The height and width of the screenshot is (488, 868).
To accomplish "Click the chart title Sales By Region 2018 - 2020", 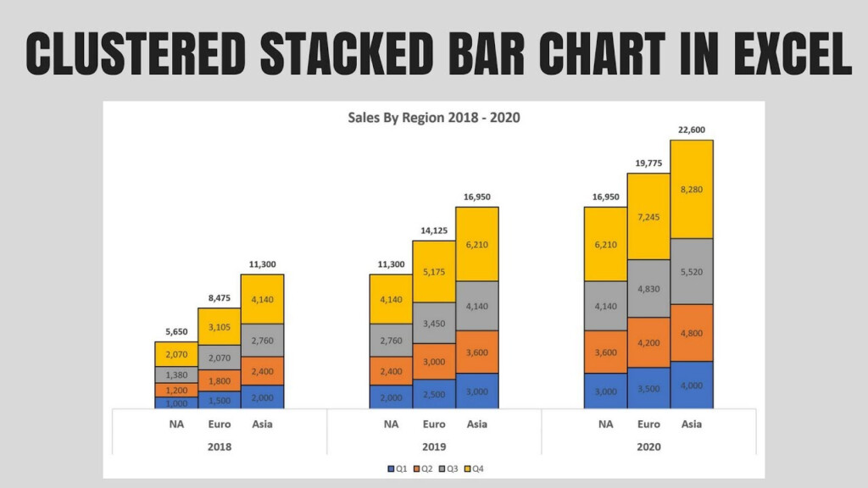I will pyautogui.click(x=434, y=118).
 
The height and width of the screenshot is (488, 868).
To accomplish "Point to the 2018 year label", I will pyautogui.click(x=219, y=446).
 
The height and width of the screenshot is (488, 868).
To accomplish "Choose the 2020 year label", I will pyautogui.click(x=648, y=446).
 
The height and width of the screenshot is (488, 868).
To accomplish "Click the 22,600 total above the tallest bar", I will pyautogui.click(x=692, y=130).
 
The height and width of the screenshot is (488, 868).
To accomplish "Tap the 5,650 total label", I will pyautogui.click(x=175, y=332).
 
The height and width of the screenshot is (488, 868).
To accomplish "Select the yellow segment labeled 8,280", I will pyautogui.click(x=692, y=189).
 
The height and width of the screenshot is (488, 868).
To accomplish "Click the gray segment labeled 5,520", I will pyautogui.click(x=692, y=271).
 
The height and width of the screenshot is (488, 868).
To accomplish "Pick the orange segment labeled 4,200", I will pyautogui.click(x=648, y=342).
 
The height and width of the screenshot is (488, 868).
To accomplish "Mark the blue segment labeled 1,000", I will pyautogui.click(x=175, y=403).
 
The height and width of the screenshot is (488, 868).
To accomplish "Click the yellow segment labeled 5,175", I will pyautogui.click(x=434, y=271).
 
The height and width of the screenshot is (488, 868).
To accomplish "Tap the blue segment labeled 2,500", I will pyautogui.click(x=434, y=394).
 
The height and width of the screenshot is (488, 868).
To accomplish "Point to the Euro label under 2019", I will pyautogui.click(x=434, y=424).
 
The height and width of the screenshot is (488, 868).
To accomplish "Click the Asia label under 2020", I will pyautogui.click(x=692, y=424).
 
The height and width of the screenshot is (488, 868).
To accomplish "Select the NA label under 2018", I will pyautogui.click(x=175, y=424).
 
